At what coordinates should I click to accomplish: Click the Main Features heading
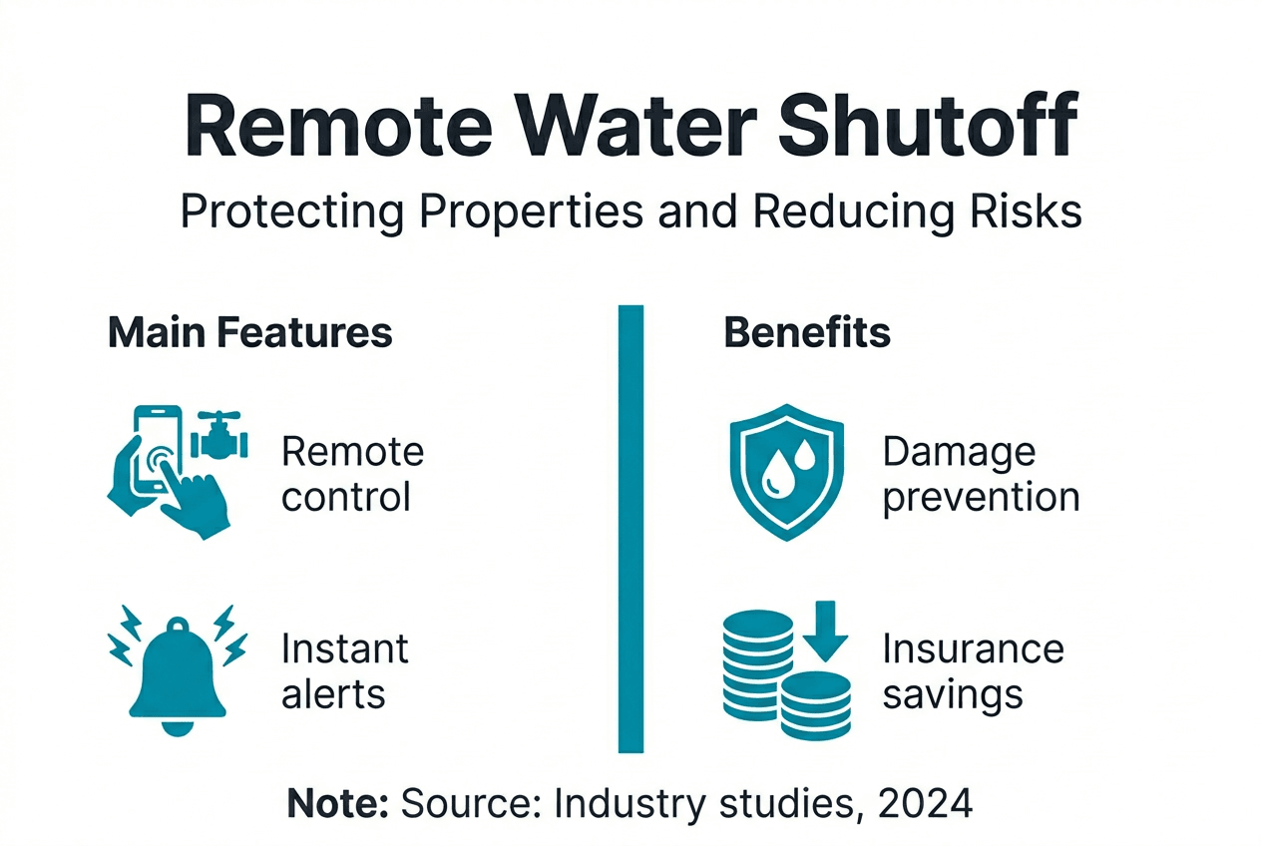click(249, 333)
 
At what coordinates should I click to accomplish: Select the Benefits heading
click(807, 333)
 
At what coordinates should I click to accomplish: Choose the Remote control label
click(352, 474)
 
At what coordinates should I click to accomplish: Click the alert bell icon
click(177, 666)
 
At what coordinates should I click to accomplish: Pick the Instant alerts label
click(344, 670)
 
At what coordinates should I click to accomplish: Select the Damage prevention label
click(981, 474)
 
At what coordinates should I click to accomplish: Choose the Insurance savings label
click(972, 670)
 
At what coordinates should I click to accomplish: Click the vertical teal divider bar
click(630, 528)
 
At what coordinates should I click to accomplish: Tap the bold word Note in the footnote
click(338, 803)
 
